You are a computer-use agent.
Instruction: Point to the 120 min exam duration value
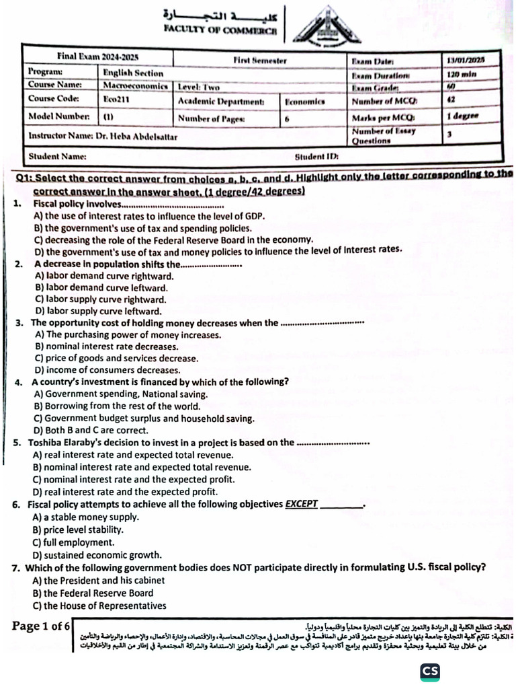pyautogui.click(x=462, y=74)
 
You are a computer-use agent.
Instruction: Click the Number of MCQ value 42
pyautogui.click(x=451, y=100)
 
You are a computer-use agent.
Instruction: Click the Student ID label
pyautogui.click(x=316, y=157)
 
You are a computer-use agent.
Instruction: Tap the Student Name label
pyautogui.click(x=57, y=157)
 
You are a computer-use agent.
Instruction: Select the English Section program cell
pyautogui.click(x=133, y=73)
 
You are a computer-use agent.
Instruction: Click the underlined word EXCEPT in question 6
pyautogui.click(x=302, y=504)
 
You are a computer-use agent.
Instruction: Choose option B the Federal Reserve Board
pyautogui.click(x=93, y=593)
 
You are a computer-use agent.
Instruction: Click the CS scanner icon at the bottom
pyautogui.click(x=430, y=672)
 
